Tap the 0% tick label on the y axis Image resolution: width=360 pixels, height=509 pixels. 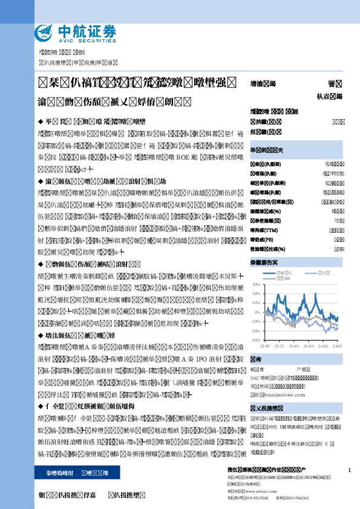(x=257, y=313)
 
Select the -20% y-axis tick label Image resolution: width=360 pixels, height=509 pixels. (x=255, y=331)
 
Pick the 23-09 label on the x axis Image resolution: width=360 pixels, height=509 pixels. (x=264, y=346)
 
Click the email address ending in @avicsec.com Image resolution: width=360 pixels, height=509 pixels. (x=286, y=393)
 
